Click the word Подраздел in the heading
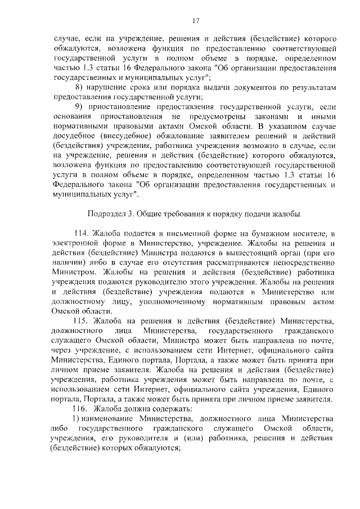tap(107, 214)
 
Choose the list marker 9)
tap(79, 107)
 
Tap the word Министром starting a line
tap(71, 272)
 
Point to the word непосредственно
tap(305, 263)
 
